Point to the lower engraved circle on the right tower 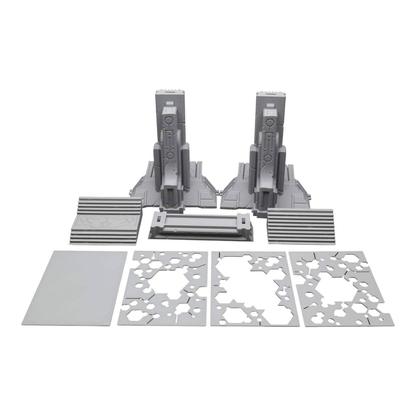[x=268, y=157]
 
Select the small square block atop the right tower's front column [x=270, y=111]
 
